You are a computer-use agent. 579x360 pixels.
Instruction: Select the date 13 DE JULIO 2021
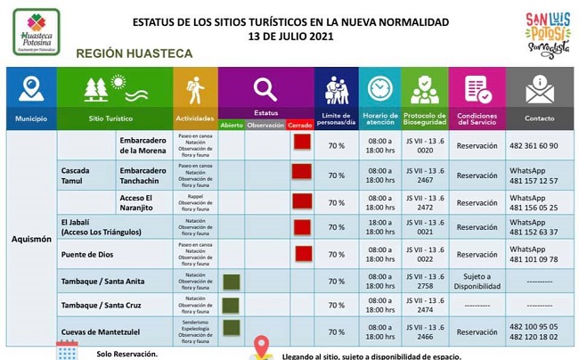(x=289, y=37)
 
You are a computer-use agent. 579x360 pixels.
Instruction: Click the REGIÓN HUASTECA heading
(x=135, y=54)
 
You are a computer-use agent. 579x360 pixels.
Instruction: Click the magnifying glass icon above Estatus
(x=265, y=89)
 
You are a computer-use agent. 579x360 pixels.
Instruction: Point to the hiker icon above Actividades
(x=194, y=89)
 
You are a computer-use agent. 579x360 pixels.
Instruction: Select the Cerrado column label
(x=299, y=126)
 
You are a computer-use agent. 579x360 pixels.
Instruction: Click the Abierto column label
(x=232, y=126)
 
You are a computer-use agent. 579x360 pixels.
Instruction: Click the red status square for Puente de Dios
(x=303, y=253)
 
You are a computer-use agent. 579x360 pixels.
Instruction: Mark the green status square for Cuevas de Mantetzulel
(x=232, y=329)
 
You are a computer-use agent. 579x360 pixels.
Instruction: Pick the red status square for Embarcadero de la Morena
(x=301, y=143)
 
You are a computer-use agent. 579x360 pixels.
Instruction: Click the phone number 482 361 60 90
(x=534, y=145)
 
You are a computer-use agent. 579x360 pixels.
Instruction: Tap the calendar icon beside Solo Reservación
(x=67, y=350)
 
